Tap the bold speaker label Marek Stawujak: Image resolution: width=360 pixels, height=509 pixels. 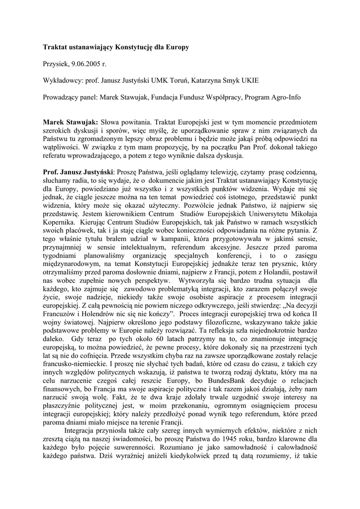pos(70,122)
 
